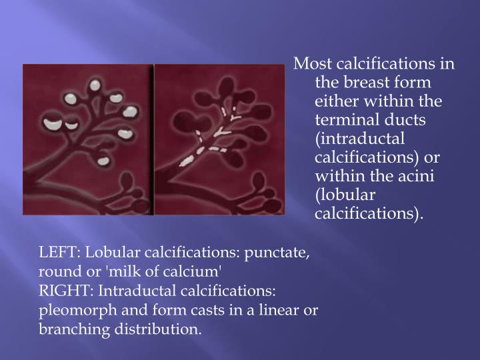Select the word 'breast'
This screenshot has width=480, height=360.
tap(363, 83)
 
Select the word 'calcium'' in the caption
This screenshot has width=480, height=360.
tap(197, 272)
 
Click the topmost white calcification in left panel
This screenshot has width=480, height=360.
tap(95, 85)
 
